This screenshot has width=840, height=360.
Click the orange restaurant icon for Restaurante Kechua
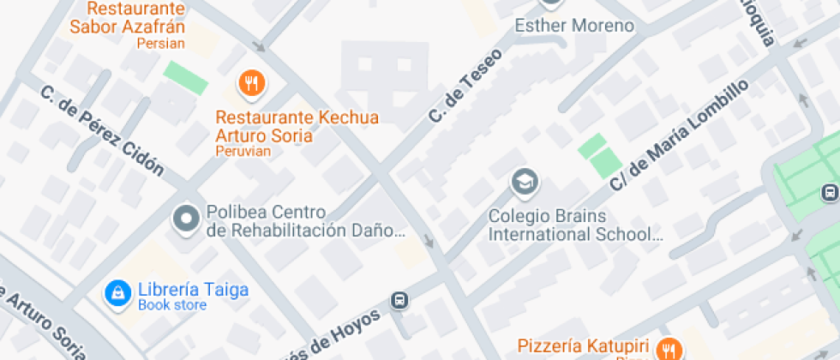(251, 83)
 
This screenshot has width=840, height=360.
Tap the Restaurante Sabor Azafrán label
(127, 18)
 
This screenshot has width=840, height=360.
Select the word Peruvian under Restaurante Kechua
(243, 152)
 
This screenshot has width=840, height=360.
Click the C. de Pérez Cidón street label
(101, 129)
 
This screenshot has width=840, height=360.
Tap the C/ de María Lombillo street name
(679, 135)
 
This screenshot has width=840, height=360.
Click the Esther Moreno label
(573, 26)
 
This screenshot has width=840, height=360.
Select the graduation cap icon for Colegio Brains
(523, 182)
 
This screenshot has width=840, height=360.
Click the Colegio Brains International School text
(574, 225)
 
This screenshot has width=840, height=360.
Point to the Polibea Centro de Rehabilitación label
(305, 221)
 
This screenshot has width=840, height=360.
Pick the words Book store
(172, 305)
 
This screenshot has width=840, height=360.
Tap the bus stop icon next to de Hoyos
(399, 300)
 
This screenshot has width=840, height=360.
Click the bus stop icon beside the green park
(829, 192)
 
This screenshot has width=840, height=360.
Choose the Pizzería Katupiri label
(585, 347)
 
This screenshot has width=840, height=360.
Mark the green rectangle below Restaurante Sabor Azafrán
(186, 77)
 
